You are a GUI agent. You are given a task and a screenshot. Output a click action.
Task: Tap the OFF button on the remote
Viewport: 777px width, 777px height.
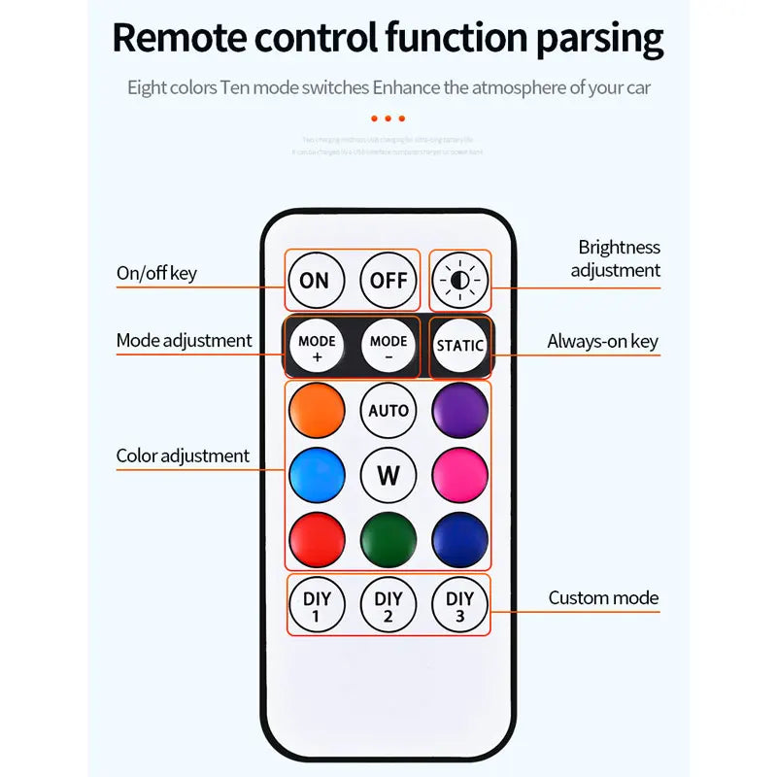point(388,281)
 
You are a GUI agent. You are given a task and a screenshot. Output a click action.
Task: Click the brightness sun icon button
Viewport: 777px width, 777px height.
point(459,281)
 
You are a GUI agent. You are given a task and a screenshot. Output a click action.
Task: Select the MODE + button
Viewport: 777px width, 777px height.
point(317,348)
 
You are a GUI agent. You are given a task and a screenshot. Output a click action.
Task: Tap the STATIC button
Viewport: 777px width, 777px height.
point(459,346)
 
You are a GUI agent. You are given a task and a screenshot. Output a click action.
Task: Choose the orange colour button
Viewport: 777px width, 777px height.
point(317,410)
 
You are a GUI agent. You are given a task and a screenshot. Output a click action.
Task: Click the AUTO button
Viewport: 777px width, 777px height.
point(388,410)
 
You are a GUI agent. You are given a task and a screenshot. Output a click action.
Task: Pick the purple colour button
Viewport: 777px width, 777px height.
point(459,410)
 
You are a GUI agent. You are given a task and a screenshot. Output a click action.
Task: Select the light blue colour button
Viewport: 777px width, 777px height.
point(317,476)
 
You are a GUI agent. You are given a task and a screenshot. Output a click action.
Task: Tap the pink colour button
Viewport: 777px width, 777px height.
point(459,476)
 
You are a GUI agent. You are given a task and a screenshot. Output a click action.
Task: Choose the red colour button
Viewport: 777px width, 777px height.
point(317,540)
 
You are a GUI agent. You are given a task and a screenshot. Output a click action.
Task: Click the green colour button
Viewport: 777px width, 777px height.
point(388,540)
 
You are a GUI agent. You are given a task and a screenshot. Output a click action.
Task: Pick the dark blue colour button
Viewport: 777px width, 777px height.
point(459,540)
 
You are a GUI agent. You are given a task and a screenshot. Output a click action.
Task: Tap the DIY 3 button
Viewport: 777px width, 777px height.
point(459,606)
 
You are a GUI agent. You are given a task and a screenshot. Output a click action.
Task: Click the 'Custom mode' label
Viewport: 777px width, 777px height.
point(603,598)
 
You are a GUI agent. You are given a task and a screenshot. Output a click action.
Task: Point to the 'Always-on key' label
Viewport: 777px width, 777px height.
point(602,341)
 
